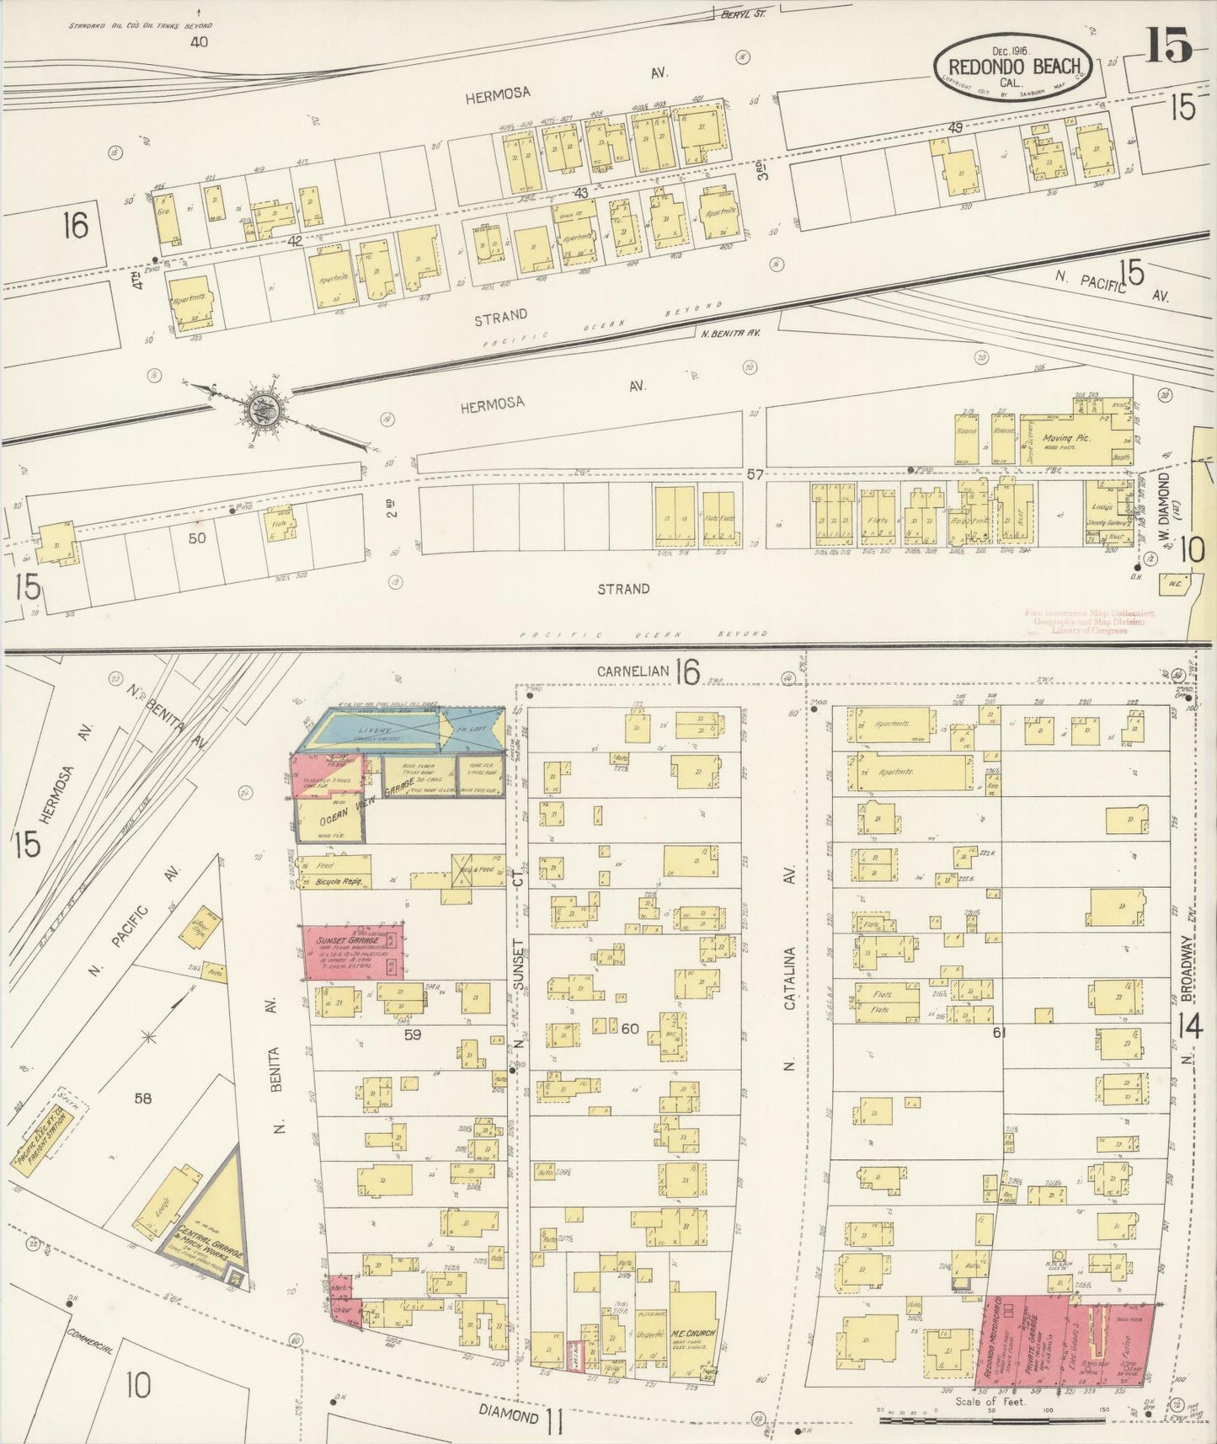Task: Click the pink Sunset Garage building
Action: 354,950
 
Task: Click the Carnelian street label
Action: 633,671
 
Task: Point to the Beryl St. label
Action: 741,14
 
